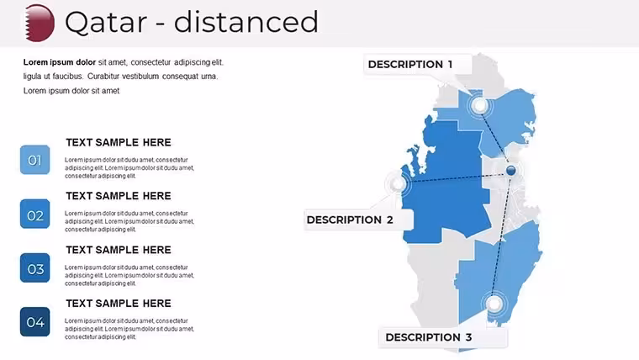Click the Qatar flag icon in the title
point(40,23)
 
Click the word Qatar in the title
point(106,23)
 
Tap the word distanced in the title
point(246,22)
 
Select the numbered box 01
point(35,160)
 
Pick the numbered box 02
point(35,214)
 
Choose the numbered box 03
point(35,268)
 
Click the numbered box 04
point(35,322)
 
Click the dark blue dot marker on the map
point(511,170)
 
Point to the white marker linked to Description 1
point(480,106)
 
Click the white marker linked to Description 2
point(398,184)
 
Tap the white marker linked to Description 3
point(494,304)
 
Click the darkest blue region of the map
point(448,183)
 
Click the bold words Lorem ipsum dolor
point(60,62)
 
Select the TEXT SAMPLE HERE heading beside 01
point(119,142)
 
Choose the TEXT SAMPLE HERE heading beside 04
point(119,304)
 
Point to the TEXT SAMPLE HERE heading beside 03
point(119,250)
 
